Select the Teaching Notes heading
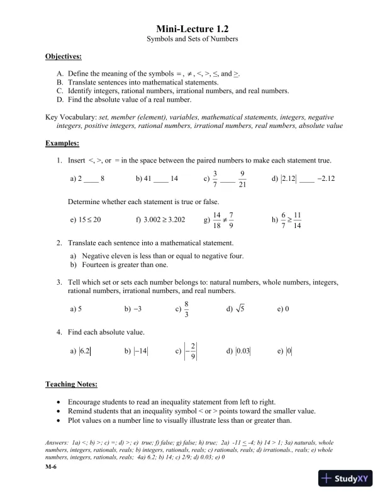71,384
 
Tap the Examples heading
62,143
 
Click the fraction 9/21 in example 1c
242,179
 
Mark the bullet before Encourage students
59,401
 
